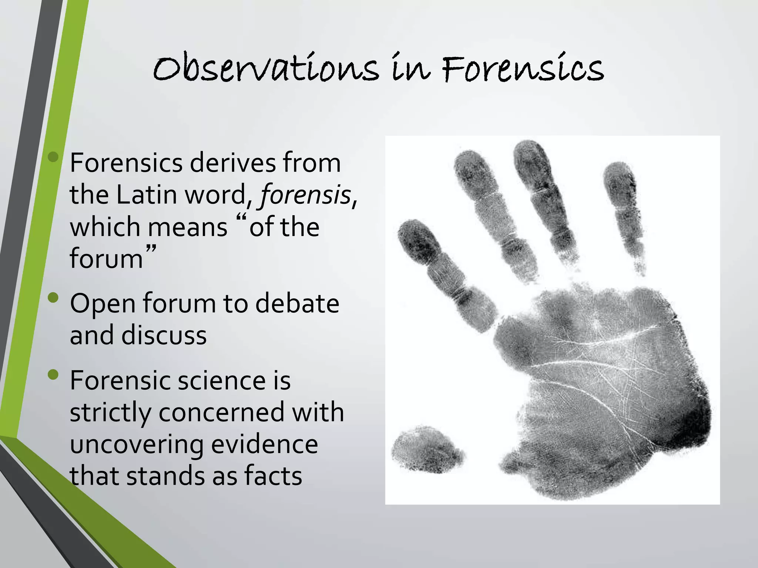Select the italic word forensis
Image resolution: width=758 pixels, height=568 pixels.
[x=305, y=195]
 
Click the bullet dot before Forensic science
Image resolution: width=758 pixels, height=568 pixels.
[x=53, y=375]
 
